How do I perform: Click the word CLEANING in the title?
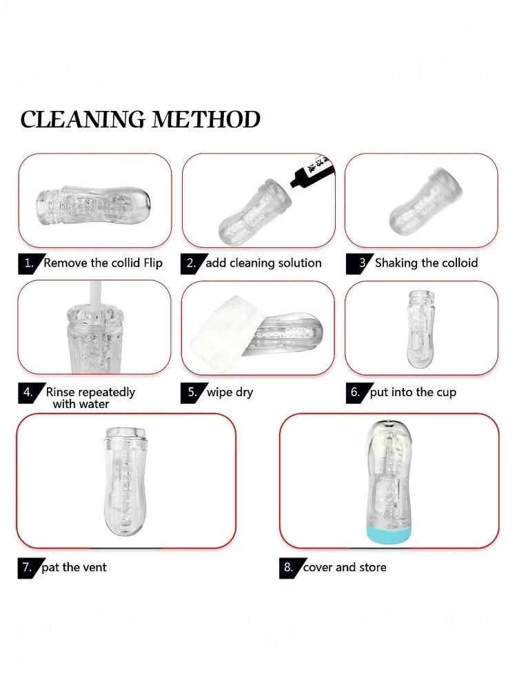coord(83,119)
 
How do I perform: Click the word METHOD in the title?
coord(206,119)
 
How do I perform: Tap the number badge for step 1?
coord(30,264)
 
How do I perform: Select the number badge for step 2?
coord(192,264)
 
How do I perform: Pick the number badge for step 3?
coord(360,264)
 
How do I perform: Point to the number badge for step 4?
coord(30,393)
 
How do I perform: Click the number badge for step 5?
coord(192,393)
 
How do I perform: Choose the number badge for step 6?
coord(356,393)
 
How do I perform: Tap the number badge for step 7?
coord(29,568)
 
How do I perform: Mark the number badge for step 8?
coord(290,568)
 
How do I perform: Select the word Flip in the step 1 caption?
coord(153,263)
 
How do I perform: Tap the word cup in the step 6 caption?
coord(446,393)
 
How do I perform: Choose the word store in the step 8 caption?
coord(373,568)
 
